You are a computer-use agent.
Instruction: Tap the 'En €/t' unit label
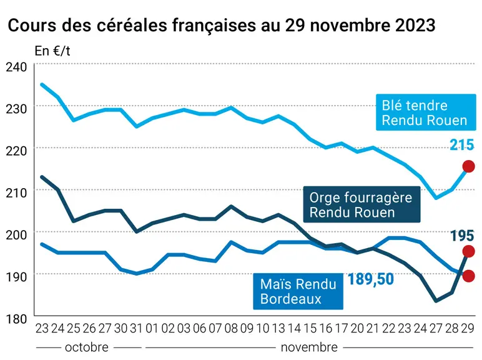[52, 51]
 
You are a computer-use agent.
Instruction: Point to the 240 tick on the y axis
[17, 67]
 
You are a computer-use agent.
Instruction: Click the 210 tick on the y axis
[17, 192]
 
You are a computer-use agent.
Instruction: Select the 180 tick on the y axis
[17, 319]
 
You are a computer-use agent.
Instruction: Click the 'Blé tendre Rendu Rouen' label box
[426, 112]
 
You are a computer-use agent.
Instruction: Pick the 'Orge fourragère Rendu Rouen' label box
[361, 204]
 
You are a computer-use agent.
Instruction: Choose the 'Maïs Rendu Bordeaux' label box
[298, 291]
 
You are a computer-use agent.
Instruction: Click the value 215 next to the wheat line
[462, 144]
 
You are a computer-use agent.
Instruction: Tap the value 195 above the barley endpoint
[462, 236]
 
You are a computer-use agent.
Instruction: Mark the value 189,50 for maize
[370, 279]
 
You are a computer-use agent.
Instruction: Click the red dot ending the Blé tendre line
[468, 166]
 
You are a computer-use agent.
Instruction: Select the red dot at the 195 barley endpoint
[468, 251]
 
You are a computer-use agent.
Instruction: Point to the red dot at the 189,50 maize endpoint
[468, 276]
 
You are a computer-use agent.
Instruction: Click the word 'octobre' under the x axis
[87, 347]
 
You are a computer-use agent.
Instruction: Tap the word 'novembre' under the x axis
[309, 347]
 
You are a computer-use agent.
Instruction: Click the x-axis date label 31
[136, 328]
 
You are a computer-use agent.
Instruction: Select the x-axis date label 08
[231, 328]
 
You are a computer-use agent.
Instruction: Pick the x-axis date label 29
[468, 328]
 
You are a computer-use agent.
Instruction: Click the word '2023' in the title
[415, 25]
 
